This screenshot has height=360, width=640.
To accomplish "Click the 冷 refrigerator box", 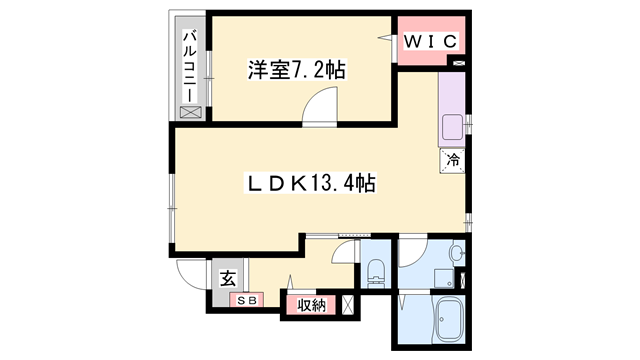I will [453, 159].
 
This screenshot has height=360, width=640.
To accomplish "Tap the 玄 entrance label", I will [228, 279].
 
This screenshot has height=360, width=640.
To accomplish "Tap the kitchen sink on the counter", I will [452, 127].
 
